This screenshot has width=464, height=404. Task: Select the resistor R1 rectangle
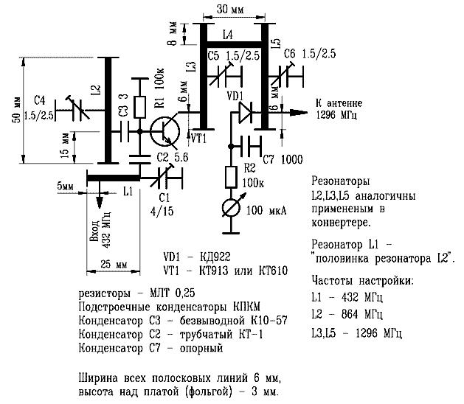click(140, 107)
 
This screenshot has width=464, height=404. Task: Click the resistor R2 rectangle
click(231, 177)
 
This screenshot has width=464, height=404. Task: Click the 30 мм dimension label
click(230, 10)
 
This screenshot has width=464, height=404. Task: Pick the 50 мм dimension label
click(17, 110)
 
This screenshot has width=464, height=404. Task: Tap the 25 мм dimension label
click(114, 264)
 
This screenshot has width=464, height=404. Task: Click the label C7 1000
click(283, 160)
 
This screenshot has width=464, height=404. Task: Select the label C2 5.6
click(173, 157)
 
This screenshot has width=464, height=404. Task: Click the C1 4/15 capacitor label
click(162, 204)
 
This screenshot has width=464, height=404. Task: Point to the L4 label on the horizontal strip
click(227, 35)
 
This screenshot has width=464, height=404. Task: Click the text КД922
click(215, 257)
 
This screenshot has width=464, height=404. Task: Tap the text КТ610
click(273, 271)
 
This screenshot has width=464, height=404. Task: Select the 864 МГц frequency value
click(362, 314)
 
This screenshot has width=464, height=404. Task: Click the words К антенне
click(339, 103)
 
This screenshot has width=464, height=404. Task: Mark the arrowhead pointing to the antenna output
click(299, 112)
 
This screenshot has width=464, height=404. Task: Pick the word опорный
click(201, 348)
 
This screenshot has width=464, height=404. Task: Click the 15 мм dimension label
click(65, 145)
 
